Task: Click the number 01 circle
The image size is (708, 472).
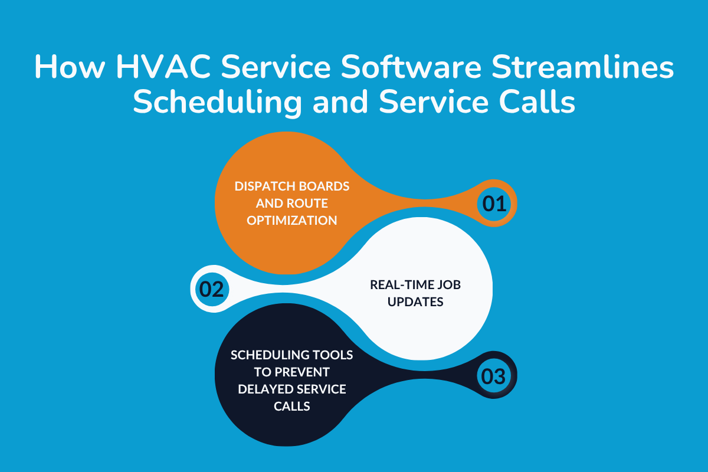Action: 494,204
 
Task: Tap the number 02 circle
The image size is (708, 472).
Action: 211,290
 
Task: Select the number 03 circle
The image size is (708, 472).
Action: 494,376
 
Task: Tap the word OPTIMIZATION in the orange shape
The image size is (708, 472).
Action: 291,221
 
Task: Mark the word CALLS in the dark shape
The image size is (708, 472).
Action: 291,407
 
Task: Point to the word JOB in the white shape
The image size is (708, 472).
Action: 448,284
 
